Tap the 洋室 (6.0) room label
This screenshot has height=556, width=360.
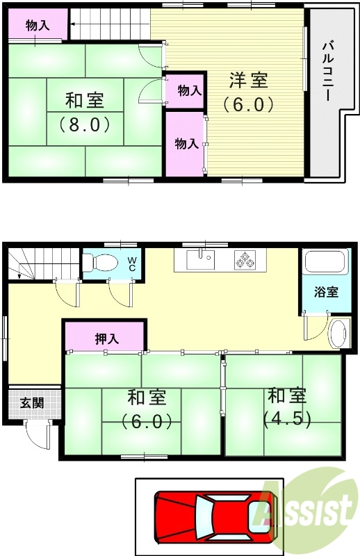click(248, 92)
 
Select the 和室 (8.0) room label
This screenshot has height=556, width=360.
click(85, 113)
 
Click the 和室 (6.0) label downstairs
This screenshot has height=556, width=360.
click(146, 409)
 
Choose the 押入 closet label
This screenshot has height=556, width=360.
click(106, 338)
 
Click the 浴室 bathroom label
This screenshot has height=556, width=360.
click(325, 291)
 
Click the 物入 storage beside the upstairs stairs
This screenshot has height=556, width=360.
click(38, 26)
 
